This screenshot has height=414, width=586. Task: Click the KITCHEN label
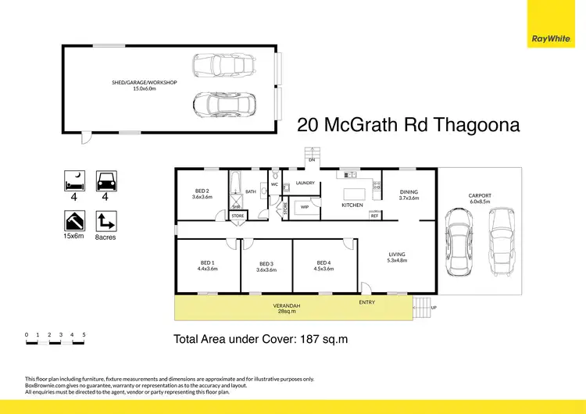(x=352, y=205)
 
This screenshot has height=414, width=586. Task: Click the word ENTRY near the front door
(x=366, y=302)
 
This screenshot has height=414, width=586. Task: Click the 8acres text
(x=105, y=236)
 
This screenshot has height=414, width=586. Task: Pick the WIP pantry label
(x=305, y=207)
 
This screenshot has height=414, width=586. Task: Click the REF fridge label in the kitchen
(x=374, y=216)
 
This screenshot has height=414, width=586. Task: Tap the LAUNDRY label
(x=305, y=184)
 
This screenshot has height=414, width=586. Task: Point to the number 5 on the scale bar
(x=84, y=334)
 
